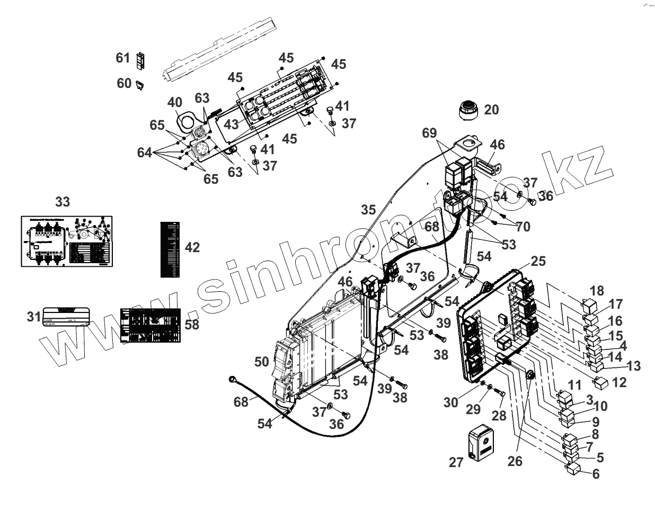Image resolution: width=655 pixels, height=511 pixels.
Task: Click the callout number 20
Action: pos(491,110)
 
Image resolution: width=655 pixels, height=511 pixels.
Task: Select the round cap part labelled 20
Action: pos(468,109)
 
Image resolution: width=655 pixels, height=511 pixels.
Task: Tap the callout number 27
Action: pos(456,462)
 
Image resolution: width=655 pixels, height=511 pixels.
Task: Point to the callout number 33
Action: pos(62,202)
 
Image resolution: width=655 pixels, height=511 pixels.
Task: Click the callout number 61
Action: pos(123,57)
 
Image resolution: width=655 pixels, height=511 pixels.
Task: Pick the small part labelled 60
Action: pos(140,84)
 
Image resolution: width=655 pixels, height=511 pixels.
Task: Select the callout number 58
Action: pos(192,324)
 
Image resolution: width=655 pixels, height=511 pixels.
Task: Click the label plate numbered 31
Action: pos(66,317)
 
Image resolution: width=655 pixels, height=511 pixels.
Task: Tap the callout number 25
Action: pos(537,262)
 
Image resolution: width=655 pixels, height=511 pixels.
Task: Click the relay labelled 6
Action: pos(574,469)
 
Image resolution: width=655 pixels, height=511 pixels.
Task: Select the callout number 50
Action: pos(261,362)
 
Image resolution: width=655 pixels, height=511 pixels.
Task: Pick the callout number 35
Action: pos(369,210)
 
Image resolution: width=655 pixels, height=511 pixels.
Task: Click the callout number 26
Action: pos(515,461)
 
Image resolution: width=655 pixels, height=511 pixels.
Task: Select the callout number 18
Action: pos(596,290)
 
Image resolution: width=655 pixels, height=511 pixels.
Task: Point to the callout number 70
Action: pos(523,227)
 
